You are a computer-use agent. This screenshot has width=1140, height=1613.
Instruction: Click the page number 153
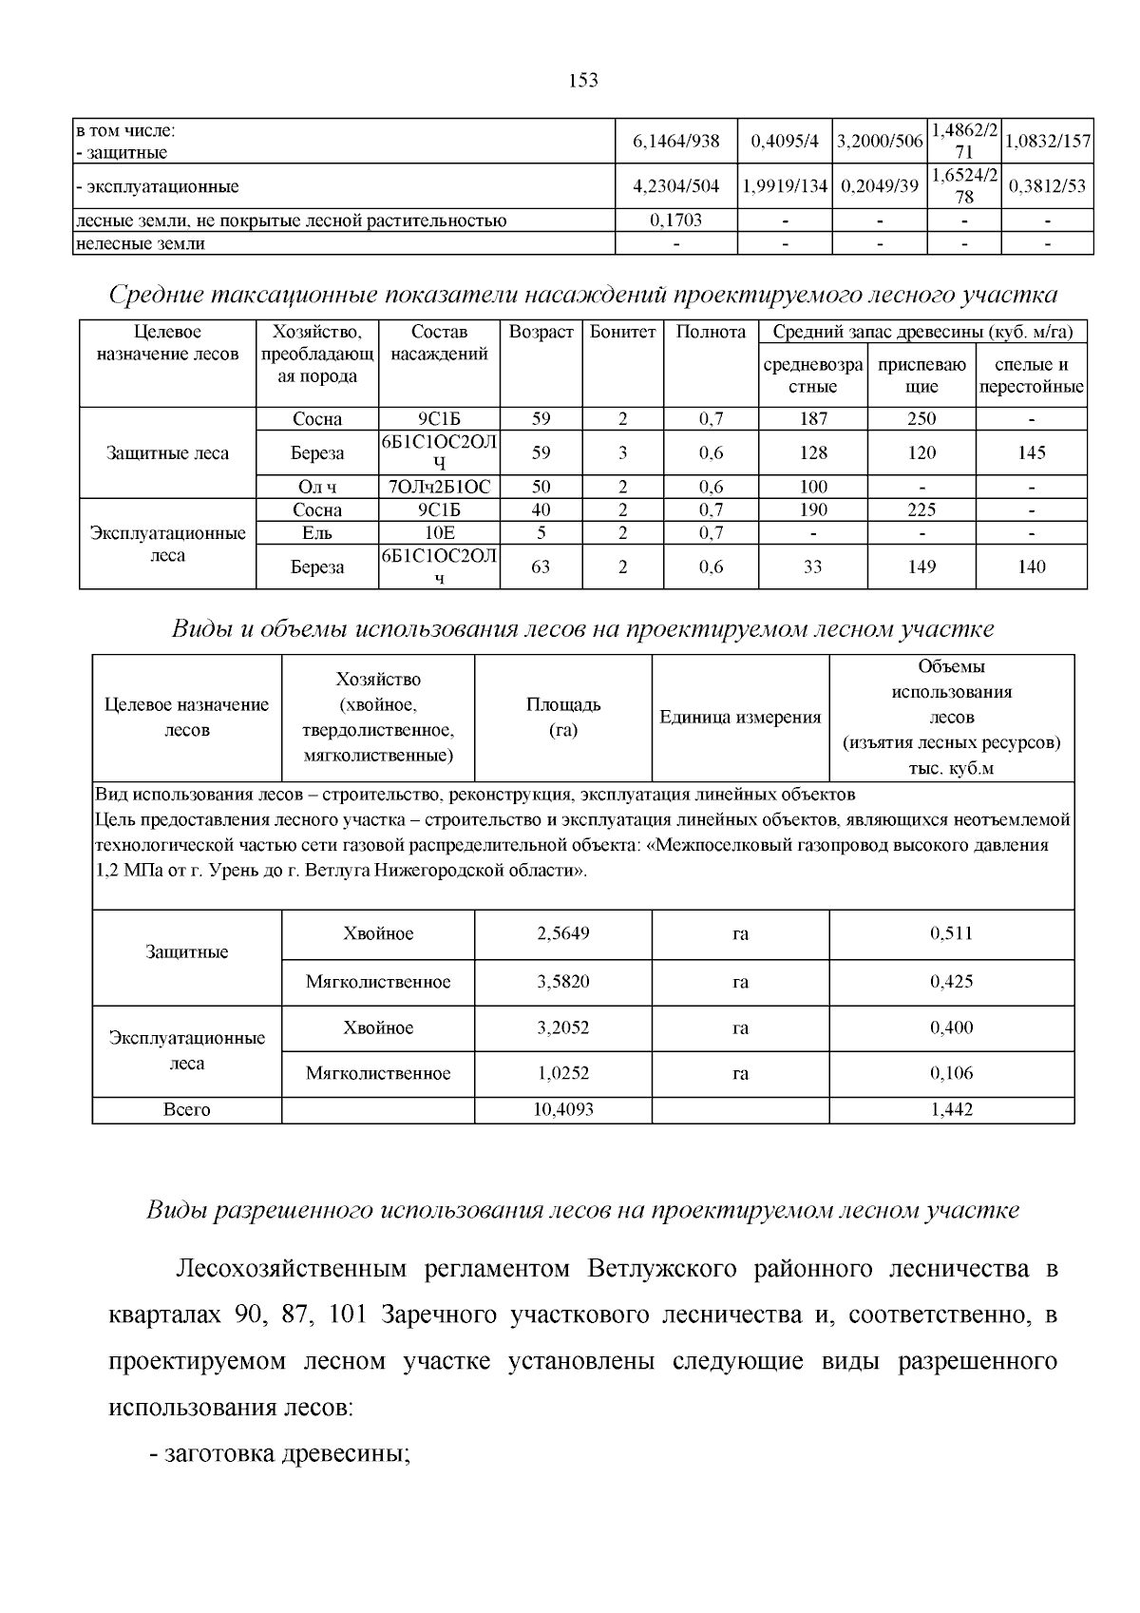583,81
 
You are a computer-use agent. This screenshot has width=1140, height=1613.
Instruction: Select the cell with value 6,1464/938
675,142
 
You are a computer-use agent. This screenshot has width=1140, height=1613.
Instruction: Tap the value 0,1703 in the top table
675,221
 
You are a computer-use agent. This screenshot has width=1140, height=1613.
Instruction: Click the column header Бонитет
622,333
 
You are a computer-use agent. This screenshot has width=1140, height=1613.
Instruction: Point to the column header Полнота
711,333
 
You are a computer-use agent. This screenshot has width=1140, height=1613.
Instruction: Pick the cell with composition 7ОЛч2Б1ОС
440,487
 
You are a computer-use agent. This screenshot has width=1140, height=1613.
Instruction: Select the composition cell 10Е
440,533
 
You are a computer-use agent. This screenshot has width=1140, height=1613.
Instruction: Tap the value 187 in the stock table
813,418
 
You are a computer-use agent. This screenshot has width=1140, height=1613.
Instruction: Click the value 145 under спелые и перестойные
1031,452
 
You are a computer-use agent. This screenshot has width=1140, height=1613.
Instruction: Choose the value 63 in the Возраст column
541,567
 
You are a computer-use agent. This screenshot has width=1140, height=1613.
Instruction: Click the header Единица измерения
740,718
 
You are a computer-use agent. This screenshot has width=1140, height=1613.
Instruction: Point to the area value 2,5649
563,933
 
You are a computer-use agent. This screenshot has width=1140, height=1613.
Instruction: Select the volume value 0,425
951,981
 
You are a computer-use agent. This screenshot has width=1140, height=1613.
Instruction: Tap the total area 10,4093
563,1109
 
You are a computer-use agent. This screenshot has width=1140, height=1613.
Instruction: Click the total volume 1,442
951,1109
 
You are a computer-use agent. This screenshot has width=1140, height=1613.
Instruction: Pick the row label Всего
187,1109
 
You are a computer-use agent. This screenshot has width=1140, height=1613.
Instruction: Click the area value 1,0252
563,1073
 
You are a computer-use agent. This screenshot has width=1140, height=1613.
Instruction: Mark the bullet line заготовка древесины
286,1453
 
